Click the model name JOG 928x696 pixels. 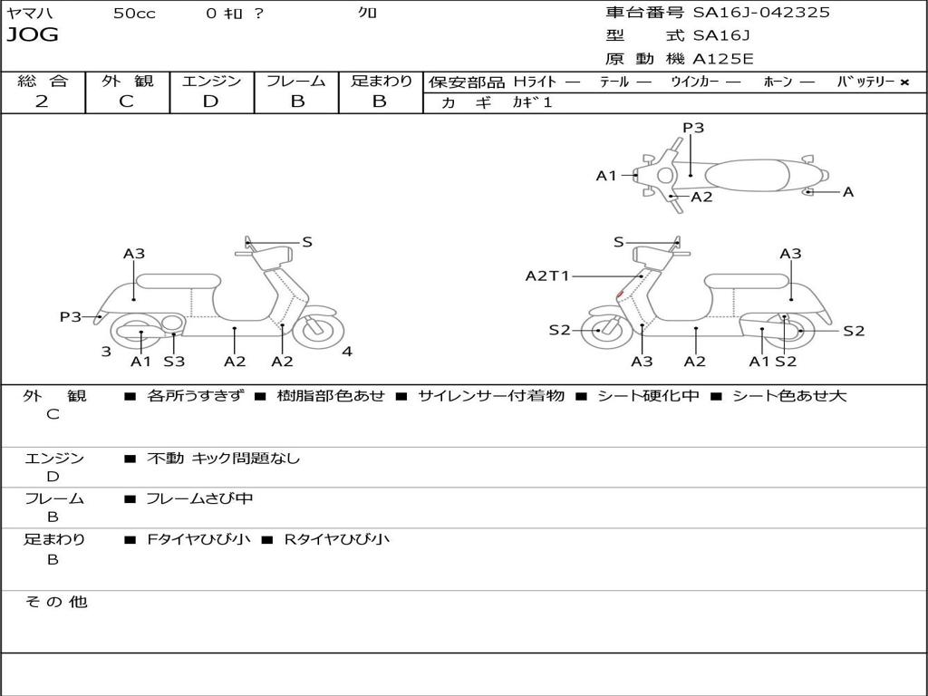33,35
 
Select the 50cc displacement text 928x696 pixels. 134,14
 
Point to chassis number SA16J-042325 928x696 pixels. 761,13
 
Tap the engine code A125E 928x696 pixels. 723,59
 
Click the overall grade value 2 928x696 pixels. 42,101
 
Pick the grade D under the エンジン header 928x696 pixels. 210,101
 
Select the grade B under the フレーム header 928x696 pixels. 296,101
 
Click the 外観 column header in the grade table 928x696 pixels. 127,82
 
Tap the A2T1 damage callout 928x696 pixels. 547,275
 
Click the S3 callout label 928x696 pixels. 174,362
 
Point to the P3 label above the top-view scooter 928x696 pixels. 693,128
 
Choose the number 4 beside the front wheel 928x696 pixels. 347,352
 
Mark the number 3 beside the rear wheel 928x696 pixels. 106,352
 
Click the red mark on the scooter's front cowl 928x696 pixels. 619,294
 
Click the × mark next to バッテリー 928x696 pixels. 904,82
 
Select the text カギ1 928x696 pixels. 532,102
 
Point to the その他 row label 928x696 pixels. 55,602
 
